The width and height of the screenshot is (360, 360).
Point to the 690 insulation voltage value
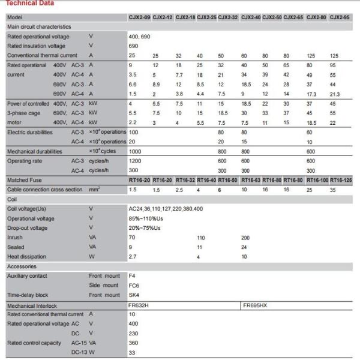click(133, 46)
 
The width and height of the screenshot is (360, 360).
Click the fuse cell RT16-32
click(185, 179)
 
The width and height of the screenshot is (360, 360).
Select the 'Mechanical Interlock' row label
click(35, 305)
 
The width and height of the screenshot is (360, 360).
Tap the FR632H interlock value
click(138, 305)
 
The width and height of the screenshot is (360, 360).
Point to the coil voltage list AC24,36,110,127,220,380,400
click(166, 208)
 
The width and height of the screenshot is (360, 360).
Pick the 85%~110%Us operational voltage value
click(146, 218)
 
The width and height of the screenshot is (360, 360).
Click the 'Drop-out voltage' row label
click(28, 227)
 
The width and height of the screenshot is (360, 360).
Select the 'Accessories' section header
click(22, 266)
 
